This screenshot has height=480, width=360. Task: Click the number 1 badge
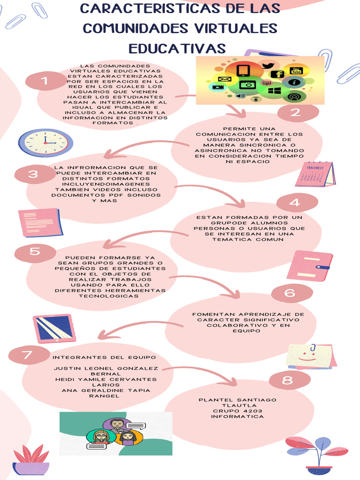(x=45, y=81)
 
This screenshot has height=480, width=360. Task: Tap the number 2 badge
(x=295, y=112)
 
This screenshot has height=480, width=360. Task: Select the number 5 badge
(x=35, y=252)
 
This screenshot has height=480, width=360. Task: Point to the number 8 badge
(x=287, y=381)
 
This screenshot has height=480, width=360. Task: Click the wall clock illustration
(x=45, y=142)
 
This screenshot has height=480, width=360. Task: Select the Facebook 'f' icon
(x=278, y=75)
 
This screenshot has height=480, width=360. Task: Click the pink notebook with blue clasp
(x=309, y=266)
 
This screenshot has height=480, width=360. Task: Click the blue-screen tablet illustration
(x=54, y=328)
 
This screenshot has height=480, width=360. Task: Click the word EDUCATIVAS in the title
(x=177, y=48)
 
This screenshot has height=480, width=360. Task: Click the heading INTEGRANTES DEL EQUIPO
(x=104, y=358)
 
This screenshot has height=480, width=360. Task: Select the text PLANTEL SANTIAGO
(x=238, y=400)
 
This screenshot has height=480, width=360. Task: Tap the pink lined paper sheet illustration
(x=41, y=222)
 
